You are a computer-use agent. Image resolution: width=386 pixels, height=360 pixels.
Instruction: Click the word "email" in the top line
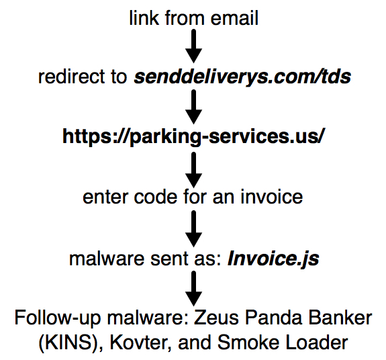234,18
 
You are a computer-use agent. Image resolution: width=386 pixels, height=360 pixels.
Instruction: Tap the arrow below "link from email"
194,46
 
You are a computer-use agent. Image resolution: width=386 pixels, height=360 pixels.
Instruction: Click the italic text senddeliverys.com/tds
242,77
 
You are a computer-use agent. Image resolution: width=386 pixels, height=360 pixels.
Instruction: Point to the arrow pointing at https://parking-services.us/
194,107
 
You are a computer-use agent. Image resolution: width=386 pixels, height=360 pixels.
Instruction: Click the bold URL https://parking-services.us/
194,137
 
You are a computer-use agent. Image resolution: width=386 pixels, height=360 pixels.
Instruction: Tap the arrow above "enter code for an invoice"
194,170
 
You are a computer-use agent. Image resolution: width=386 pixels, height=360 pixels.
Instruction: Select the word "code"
156,197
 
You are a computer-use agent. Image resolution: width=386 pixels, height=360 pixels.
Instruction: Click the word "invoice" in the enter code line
271,197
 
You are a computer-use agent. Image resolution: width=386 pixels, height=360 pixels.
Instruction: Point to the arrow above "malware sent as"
194,229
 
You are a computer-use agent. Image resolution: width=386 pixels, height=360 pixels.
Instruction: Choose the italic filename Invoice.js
273,259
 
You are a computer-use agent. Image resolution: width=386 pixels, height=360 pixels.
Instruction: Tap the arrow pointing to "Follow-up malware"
194,288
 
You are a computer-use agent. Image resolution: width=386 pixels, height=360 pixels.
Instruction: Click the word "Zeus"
216,318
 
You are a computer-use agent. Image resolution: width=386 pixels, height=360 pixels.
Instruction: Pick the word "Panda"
274,318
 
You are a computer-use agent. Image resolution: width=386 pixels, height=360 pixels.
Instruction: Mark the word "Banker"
340,318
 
